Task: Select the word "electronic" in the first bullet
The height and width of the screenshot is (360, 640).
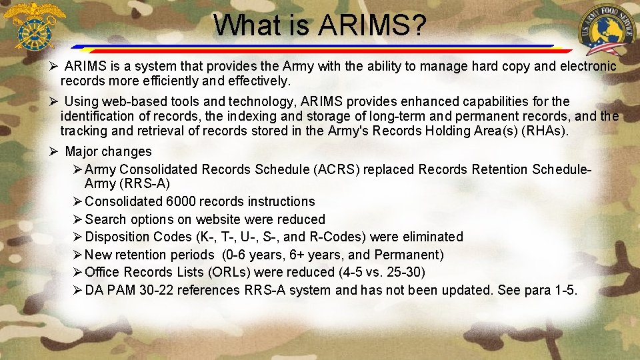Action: (x=587, y=66)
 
